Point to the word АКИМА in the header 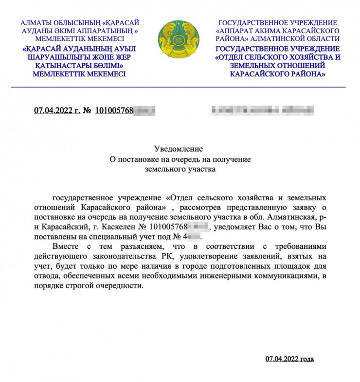pos(275,31)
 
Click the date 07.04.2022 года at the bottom pos(289,359)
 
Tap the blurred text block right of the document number pos(258,110)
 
